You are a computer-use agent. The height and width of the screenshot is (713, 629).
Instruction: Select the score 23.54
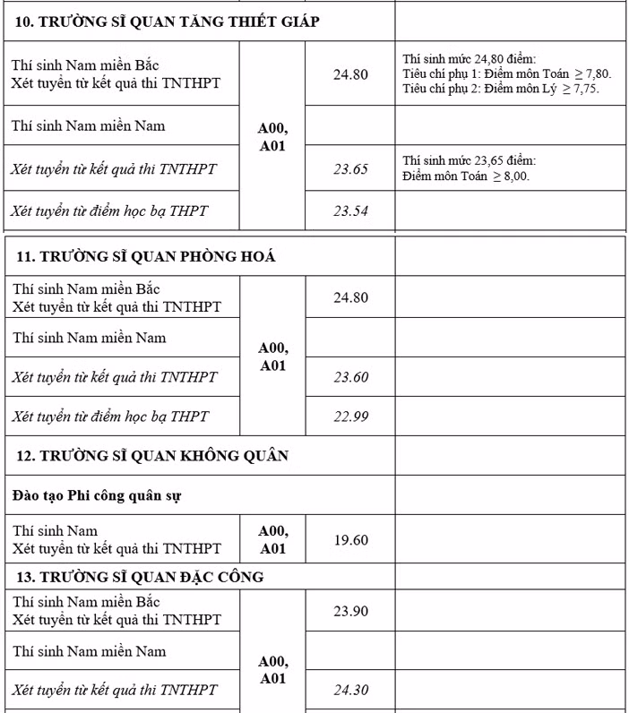point(350,211)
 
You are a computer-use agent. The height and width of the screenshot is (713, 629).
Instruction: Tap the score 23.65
point(350,168)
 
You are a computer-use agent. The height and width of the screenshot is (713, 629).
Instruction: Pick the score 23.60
point(351,378)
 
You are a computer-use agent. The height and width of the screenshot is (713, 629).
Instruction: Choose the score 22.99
point(351,417)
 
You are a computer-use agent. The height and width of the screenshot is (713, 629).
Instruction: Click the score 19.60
point(350,540)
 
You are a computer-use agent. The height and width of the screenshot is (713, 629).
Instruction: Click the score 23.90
point(350,611)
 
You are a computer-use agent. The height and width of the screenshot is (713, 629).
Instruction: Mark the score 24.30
point(350,691)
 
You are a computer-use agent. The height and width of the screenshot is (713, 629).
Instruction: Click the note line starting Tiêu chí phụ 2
point(501,89)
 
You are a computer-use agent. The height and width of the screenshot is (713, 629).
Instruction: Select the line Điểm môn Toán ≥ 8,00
point(466,176)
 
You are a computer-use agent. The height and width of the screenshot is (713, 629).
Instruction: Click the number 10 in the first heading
point(25,22)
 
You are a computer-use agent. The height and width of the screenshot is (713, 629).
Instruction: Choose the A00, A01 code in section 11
point(272,356)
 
